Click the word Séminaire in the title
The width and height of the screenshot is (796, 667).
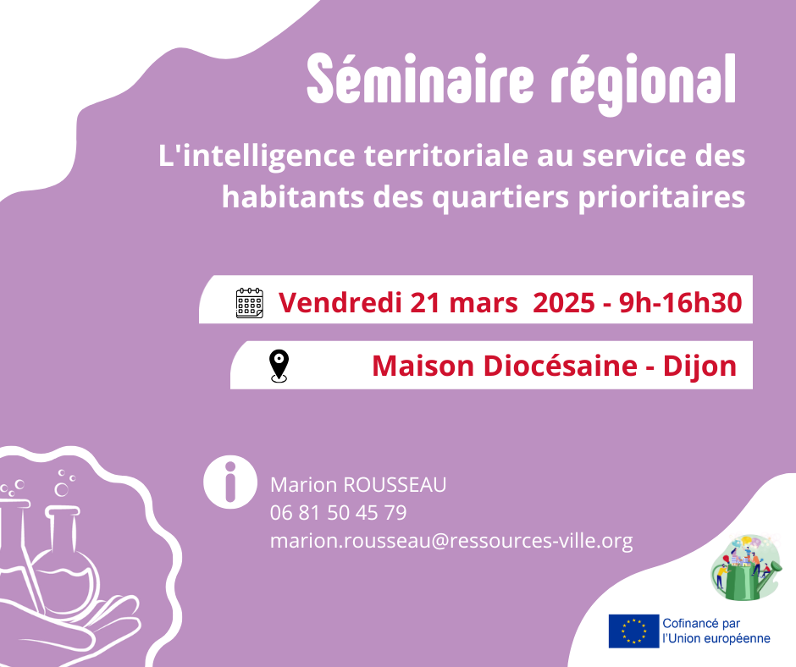coord(420,80)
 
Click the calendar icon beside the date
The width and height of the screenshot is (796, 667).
coord(250,303)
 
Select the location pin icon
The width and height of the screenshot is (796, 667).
coord(279,366)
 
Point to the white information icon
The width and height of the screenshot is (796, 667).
coord(230,482)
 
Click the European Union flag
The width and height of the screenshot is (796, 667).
coord(634,631)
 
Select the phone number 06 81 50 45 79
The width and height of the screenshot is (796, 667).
coord(339,513)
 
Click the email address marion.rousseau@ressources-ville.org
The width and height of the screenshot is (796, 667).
coord(451,541)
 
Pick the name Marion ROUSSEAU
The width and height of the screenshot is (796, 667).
coord(358,485)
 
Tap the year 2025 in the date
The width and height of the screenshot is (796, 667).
coord(563,302)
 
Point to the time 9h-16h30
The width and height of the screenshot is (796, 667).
coord(681,302)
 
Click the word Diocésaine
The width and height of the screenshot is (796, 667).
coord(556,366)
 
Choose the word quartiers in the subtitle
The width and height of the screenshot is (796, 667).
coord(500,197)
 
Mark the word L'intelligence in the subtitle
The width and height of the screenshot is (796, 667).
coord(257,156)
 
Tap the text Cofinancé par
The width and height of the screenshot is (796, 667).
coord(701,623)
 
